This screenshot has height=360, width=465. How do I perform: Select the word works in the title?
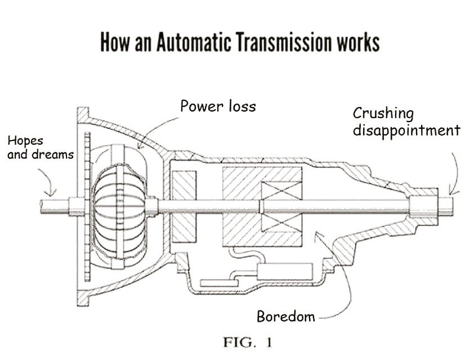point(353,43)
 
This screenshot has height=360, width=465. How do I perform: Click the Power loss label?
point(218,106)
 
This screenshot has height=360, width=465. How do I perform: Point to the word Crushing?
point(383,113)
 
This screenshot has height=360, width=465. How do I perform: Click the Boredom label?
point(285,316)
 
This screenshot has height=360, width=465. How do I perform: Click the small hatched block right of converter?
point(183,204)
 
